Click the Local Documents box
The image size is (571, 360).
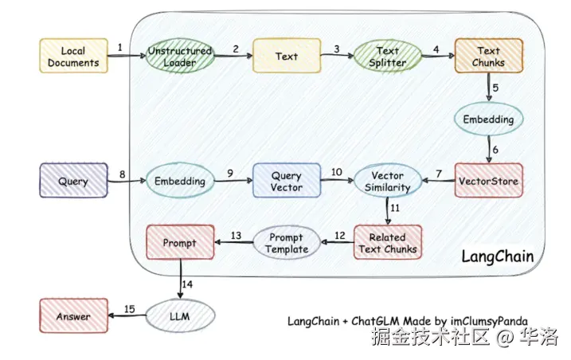coord(73,57)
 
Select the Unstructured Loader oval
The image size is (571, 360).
coord(179,57)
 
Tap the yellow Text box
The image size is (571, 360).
coord(286,57)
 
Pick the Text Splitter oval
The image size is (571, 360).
coord(387,57)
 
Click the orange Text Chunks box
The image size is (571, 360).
coord(489,57)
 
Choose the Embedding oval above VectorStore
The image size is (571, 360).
coord(489,119)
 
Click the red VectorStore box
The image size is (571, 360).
coord(488,181)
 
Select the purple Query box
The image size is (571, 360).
coord(73,181)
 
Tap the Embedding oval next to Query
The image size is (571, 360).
coord(179,181)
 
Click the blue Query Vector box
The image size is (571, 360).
coord(287,181)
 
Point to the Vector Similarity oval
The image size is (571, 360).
coord(387,181)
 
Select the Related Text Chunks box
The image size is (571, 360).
coord(387,242)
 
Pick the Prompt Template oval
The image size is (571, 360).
coord(287,242)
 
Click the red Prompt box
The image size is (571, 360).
coord(179,242)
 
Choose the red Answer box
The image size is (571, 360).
coord(73,317)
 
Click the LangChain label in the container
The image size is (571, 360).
coord(497,256)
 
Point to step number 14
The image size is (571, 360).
coord(187,284)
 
